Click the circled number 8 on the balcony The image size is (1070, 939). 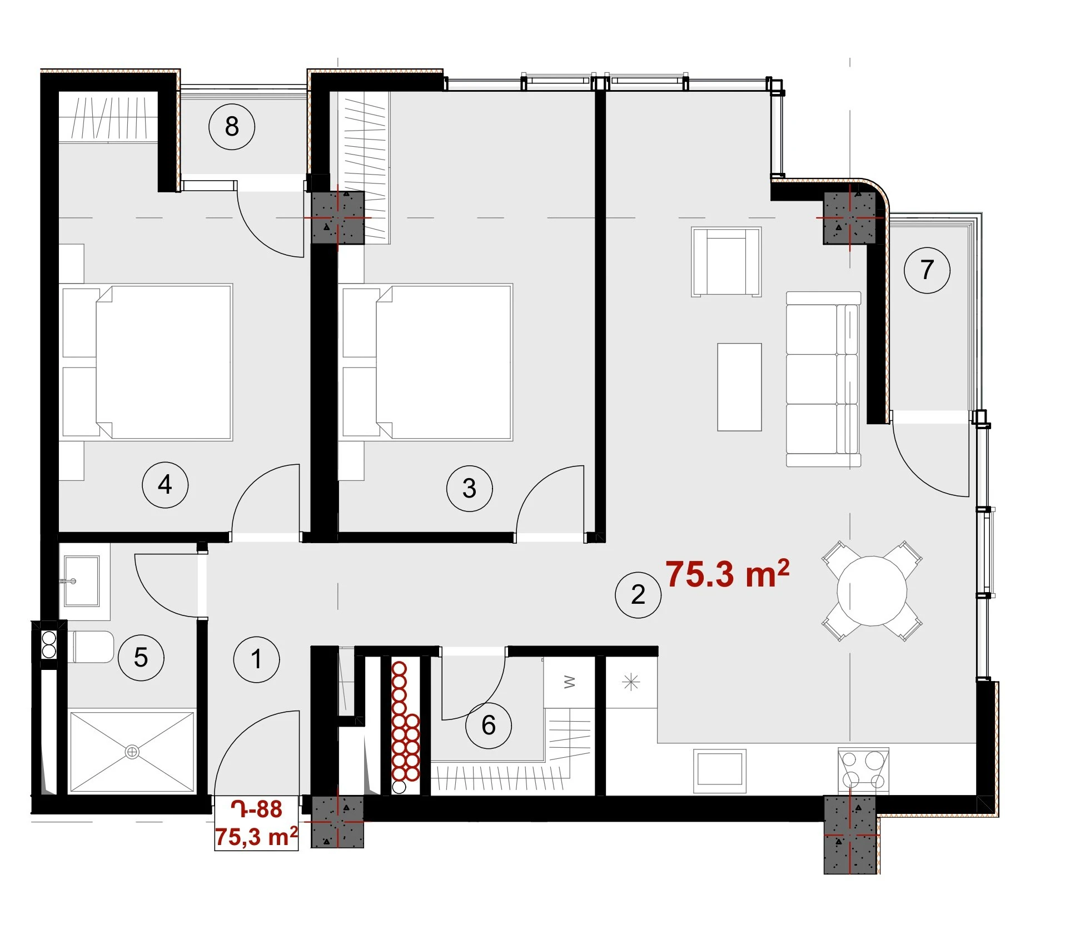(232, 127)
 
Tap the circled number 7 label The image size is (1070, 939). (927, 270)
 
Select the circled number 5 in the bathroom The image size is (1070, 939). (141, 658)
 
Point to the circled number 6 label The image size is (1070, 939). (489, 726)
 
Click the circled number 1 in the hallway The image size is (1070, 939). (256, 659)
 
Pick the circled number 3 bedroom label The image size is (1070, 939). (470, 489)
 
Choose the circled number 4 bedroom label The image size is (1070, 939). (165, 485)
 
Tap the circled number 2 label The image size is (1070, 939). (638, 595)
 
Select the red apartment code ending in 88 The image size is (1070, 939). (257, 809)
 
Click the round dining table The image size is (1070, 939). (872, 591)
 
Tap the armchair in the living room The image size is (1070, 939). (726, 261)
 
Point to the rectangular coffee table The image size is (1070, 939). (739, 387)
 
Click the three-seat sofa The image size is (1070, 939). (823, 379)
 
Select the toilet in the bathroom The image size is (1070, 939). (91, 647)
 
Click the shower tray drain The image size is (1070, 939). (132, 752)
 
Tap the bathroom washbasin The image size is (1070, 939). (82, 581)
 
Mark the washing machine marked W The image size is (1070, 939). (569, 682)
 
